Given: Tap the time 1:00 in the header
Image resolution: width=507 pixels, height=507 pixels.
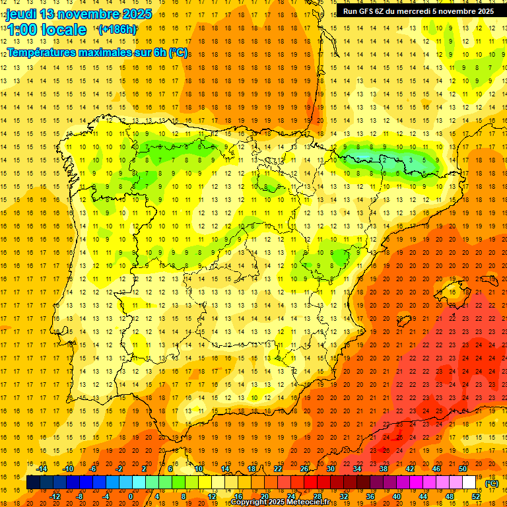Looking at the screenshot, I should tap(22, 30).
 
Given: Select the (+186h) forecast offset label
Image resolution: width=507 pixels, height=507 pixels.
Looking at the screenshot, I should tap(117, 30).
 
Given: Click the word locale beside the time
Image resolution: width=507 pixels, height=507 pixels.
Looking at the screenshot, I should tap(63, 30).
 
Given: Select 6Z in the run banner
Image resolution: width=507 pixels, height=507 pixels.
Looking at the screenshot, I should tap(384, 11).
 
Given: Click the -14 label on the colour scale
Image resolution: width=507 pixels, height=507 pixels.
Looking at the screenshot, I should tap(42, 469).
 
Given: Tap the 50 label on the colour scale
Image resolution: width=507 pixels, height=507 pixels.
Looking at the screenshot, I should tap(463, 469).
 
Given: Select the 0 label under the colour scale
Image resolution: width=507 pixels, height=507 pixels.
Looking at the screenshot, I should tap(130, 496).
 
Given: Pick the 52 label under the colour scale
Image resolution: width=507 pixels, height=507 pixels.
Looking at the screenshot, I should tap(476, 496).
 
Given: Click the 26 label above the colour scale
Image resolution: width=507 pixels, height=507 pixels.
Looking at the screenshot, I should tap(304, 469).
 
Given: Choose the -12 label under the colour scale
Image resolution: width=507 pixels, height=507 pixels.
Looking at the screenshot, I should tap(55, 496).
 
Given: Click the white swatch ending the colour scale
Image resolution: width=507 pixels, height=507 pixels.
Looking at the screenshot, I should tap(469, 483).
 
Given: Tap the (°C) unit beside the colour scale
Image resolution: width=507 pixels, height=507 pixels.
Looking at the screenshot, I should tap(491, 483).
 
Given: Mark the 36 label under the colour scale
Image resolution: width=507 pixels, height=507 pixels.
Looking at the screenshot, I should tap(370, 496).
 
